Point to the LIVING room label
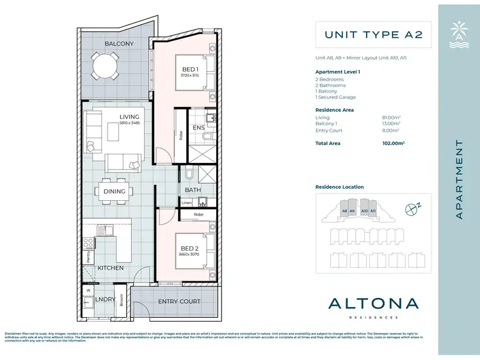[130, 116]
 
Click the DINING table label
[115, 191]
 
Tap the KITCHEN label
[110, 268]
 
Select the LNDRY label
[104, 299]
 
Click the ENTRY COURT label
[180, 301]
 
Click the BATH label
[193, 190]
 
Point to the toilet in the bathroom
[189, 174]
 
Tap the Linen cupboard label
[186, 203]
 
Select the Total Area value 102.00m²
[393, 144]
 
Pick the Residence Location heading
[339, 187]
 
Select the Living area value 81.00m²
[392, 118]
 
